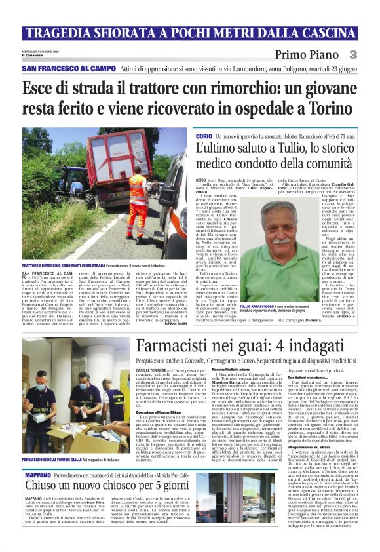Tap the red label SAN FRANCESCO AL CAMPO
pos(60,68)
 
